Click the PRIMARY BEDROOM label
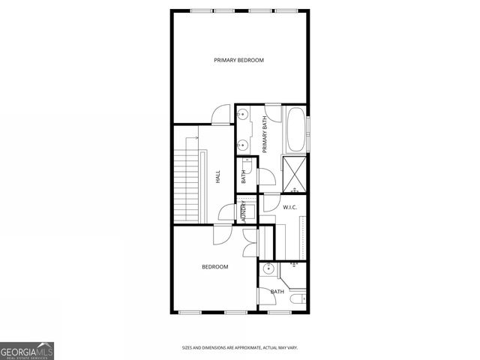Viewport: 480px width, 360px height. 238,60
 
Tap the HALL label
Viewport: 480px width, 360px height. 218,178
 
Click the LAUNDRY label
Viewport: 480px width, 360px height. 244,210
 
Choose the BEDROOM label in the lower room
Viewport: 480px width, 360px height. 214,266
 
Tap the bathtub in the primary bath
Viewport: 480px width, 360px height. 295,129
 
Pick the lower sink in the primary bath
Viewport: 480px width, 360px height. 243,145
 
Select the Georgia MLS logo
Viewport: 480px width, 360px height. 26,350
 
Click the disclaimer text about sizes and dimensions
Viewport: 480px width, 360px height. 240,347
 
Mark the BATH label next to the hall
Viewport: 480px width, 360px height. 244,177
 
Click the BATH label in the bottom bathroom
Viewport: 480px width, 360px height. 277,291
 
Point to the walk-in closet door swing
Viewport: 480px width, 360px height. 268,204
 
